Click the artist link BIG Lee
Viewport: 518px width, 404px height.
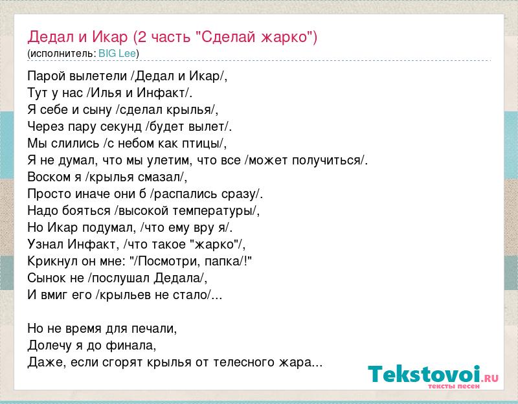[x=117, y=54]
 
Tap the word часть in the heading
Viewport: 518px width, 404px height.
[x=170, y=37]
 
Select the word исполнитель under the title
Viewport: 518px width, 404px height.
[x=62, y=54]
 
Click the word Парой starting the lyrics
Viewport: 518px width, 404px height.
[x=46, y=76]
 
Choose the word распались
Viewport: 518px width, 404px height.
[x=185, y=194]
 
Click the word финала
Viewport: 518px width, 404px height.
[x=131, y=346]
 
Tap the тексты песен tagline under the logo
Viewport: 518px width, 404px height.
[x=453, y=386]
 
